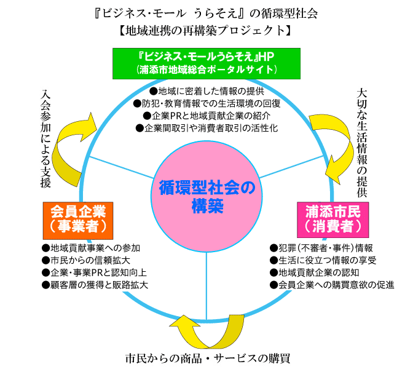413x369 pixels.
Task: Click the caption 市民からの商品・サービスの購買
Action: (207, 357)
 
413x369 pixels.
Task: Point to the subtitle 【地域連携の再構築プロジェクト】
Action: (206, 30)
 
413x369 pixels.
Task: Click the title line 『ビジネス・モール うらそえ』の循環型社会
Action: (206, 12)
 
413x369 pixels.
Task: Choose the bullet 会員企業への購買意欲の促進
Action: (332, 285)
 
